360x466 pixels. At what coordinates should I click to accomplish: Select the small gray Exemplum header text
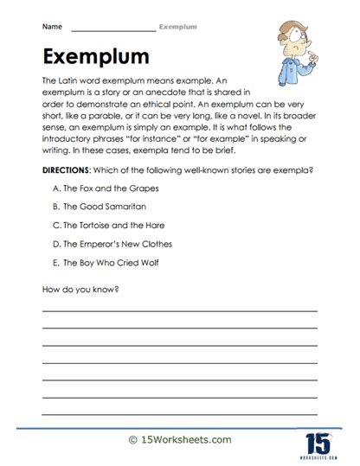[x=182, y=28]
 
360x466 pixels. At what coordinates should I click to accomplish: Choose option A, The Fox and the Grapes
[x=105, y=188]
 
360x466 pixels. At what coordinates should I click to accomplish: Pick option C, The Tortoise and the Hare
[x=111, y=225]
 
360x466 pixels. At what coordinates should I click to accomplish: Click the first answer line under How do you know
[x=179, y=310]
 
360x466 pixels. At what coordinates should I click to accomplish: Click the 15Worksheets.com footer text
[x=179, y=441]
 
